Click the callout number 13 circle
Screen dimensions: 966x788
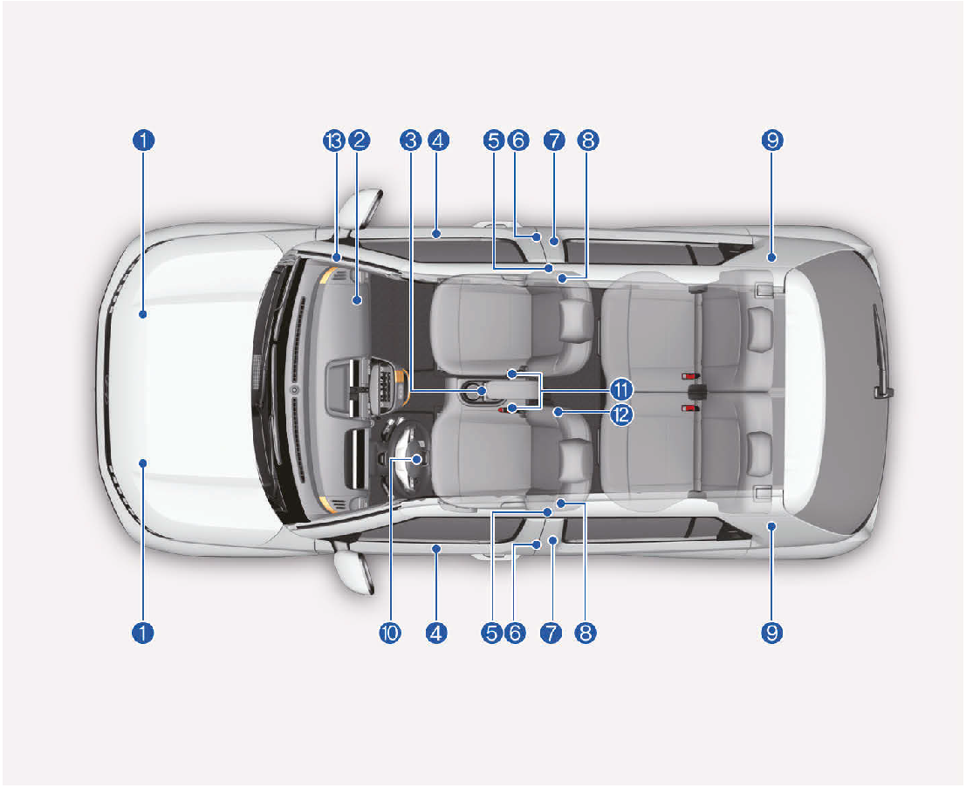coord(334,140)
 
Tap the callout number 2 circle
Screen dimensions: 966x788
coord(360,140)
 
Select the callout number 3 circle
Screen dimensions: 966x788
coord(410,140)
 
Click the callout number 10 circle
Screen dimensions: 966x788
coord(390,633)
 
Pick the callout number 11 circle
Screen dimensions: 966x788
coord(621,390)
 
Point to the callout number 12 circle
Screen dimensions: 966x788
coord(621,415)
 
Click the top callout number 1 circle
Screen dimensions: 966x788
coord(143,140)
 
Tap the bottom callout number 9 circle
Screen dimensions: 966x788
coord(772,633)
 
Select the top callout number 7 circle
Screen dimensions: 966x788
coord(554,140)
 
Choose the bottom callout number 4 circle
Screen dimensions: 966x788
coord(436,633)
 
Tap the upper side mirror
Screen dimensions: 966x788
coord(366,207)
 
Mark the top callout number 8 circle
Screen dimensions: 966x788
coord(588,140)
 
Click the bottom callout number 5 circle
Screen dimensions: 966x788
coord(491,633)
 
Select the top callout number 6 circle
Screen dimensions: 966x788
coord(518,140)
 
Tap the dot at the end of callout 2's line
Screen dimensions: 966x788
coord(357,300)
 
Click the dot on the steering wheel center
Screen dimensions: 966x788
coord(417,459)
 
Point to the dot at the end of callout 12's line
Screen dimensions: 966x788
coord(558,412)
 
